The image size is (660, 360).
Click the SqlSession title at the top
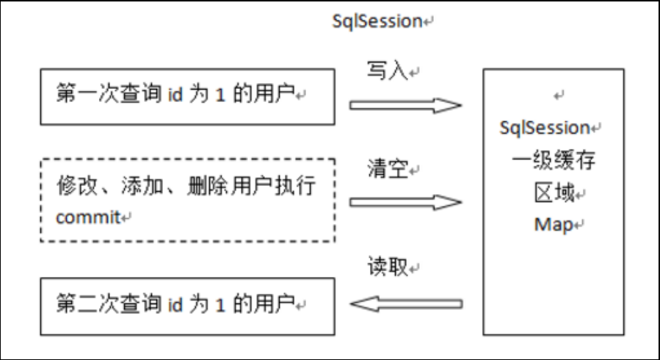[377, 21]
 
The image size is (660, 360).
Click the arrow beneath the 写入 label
[405, 105]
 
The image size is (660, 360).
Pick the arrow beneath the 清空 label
[405, 203]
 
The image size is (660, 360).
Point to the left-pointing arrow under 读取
[407, 303]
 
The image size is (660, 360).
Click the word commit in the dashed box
[88, 217]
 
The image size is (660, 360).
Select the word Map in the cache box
[554, 224]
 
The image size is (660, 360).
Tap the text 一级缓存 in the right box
[554, 160]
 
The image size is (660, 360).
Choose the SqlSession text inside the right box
[545, 128]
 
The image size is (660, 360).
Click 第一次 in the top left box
[87, 93]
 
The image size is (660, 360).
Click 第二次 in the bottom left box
[87, 304]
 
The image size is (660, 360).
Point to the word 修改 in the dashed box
[77, 186]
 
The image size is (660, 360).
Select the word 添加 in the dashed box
[142, 186]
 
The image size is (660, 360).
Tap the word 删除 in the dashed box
[208, 186]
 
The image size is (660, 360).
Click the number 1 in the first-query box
[220, 94]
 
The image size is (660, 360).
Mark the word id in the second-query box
[175, 304]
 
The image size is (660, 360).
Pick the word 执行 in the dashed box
[295, 186]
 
